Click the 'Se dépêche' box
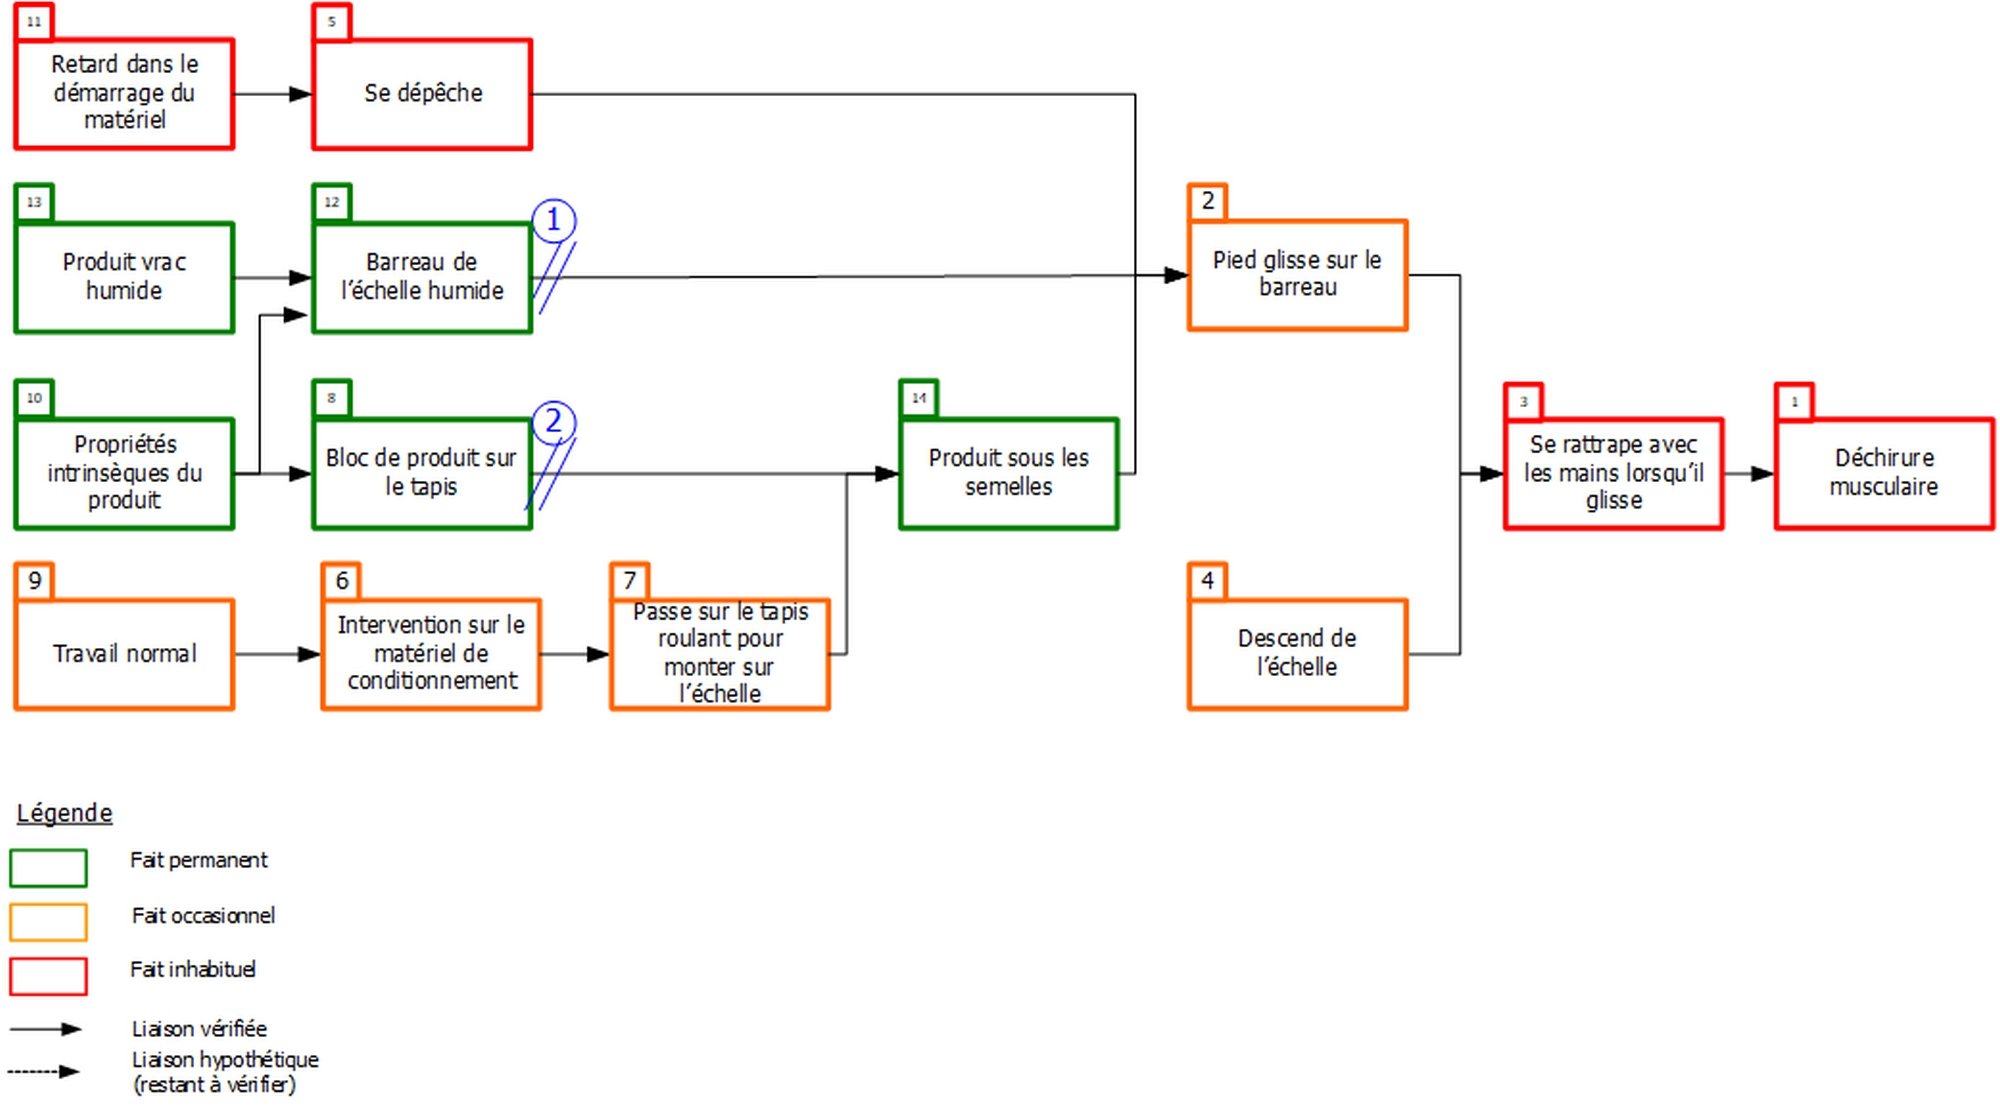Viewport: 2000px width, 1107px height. (x=422, y=94)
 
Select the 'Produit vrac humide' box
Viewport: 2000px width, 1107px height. (x=124, y=277)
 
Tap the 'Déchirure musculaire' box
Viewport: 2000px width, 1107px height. (x=1884, y=473)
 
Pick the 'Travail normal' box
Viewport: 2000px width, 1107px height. (x=124, y=654)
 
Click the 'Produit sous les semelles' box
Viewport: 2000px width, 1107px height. (x=1008, y=473)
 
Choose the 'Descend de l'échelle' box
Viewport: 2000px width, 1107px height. (x=1297, y=654)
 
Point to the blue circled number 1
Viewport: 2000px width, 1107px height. (x=553, y=220)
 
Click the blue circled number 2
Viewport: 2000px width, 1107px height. (x=553, y=422)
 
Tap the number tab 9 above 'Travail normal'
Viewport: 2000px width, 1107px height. (x=35, y=581)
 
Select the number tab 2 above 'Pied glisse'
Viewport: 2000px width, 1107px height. (x=1208, y=201)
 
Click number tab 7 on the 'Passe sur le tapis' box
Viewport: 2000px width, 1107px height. (x=630, y=581)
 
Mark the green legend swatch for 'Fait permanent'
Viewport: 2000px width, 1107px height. (x=48, y=868)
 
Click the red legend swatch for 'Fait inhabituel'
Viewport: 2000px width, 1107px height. (x=48, y=976)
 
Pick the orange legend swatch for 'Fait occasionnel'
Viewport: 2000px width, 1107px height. (x=48, y=922)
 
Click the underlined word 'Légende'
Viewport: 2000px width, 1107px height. (x=64, y=813)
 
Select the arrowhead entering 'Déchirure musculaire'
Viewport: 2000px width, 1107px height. (x=1763, y=474)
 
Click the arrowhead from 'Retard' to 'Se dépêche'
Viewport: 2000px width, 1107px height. (x=300, y=94)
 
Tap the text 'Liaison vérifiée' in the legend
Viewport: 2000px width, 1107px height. (x=199, y=1029)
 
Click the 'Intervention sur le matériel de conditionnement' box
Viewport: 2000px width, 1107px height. (x=431, y=654)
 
